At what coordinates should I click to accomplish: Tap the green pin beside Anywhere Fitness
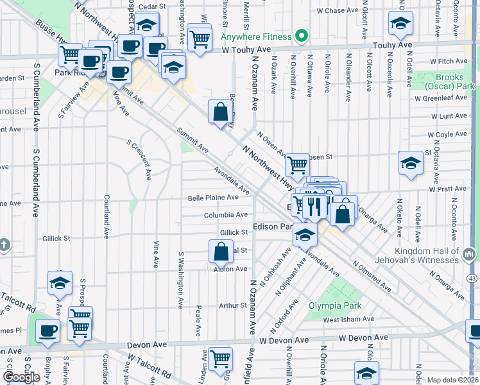tap(300, 35)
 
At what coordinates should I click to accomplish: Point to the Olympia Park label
tap(334, 305)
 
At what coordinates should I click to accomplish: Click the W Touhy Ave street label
tap(254, 49)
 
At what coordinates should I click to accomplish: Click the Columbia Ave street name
tap(226, 215)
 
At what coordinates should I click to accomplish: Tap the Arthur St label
tap(233, 305)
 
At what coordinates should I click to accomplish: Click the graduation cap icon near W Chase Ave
tap(400, 24)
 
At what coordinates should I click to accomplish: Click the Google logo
tap(22, 377)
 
